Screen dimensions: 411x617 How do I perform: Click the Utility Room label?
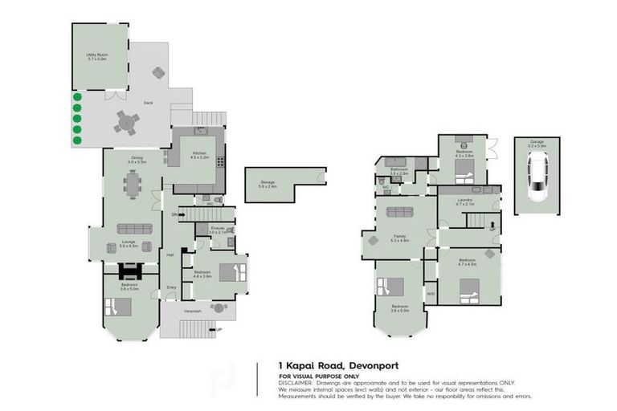click(97, 56)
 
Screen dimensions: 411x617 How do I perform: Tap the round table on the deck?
click(125, 121)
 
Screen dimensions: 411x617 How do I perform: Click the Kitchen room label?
click(199, 154)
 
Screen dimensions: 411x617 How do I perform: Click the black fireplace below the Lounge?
click(129, 271)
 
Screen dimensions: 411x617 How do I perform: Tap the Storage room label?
click(268, 184)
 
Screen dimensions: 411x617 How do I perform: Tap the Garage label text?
click(536, 142)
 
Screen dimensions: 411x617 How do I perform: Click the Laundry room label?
click(465, 201)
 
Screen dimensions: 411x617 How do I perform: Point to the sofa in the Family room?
click(399, 213)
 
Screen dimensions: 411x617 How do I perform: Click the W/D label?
click(430, 294)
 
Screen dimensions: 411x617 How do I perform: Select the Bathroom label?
click(399, 170)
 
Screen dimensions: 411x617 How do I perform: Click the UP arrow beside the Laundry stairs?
click(492, 229)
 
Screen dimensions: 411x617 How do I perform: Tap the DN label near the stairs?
click(174, 214)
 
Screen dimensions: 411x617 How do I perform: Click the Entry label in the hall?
click(170, 287)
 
